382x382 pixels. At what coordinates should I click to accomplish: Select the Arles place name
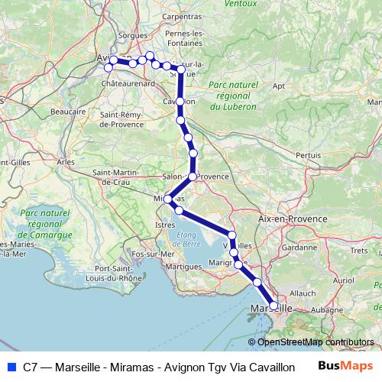pyautogui.click(x=66, y=162)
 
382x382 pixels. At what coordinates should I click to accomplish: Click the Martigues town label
pyautogui.click(x=183, y=266)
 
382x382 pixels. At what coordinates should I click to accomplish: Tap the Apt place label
pyautogui.click(x=279, y=86)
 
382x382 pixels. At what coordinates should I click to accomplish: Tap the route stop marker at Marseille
pyautogui.click(x=274, y=306)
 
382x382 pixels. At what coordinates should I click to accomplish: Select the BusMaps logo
pyautogui.click(x=346, y=367)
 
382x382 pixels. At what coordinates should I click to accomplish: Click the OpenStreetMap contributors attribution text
pyautogui.click(x=316, y=342)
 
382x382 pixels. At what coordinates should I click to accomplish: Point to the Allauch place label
pyautogui.click(x=303, y=293)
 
